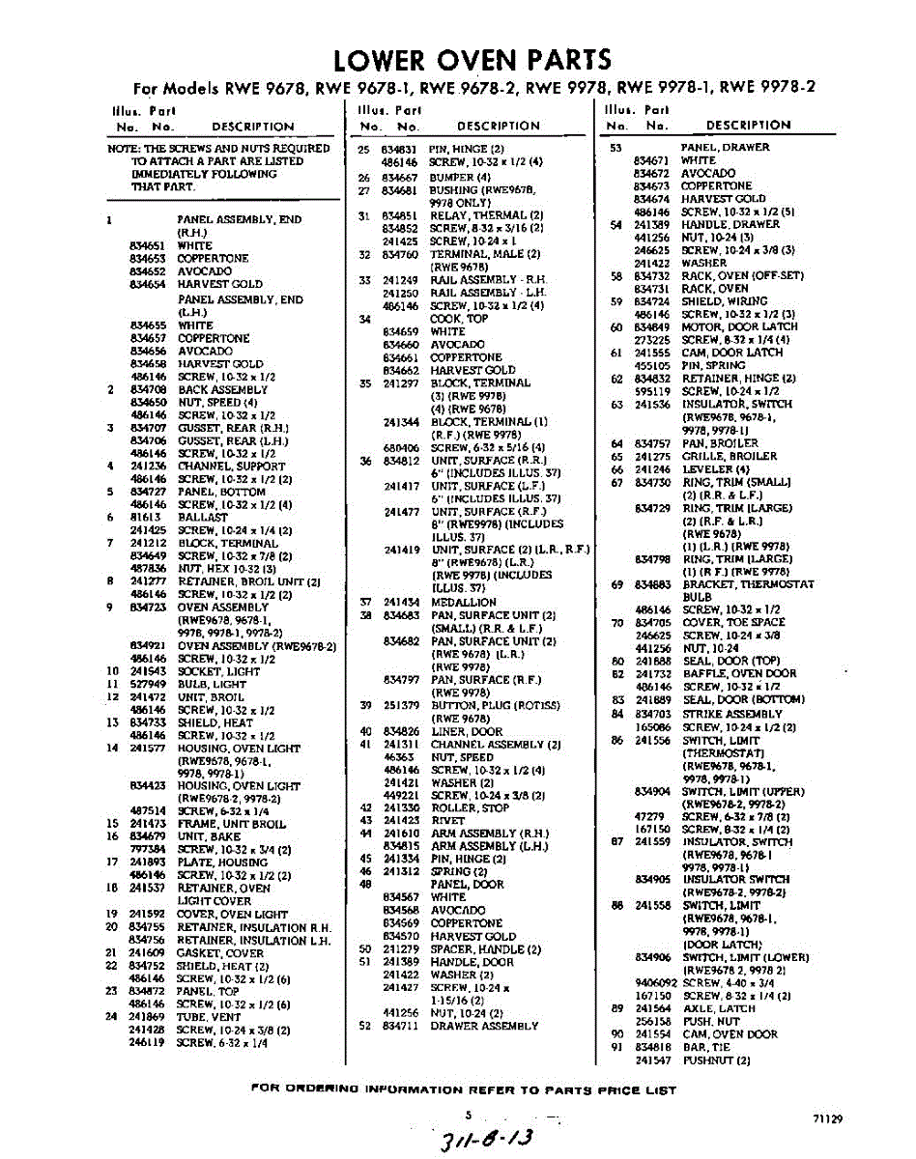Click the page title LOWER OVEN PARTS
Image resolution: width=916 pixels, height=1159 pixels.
tap(472, 59)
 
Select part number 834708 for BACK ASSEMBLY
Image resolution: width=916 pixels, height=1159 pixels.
tap(148, 389)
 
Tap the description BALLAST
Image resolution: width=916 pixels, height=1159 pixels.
tap(202, 517)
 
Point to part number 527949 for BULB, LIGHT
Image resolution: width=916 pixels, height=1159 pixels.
tap(148, 683)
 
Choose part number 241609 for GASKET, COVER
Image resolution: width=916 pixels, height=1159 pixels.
tap(148, 952)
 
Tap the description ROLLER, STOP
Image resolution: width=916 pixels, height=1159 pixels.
tap(470, 807)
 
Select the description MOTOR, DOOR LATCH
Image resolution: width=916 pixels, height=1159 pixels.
tap(739, 326)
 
